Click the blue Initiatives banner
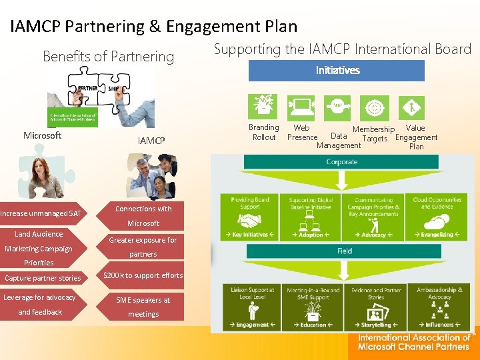point(337,70)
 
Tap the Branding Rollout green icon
point(263,107)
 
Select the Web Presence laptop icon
point(301,107)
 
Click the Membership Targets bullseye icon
point(375,107)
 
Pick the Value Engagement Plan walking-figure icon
point(413,107)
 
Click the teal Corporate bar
point(341,162)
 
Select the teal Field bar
point(344,251)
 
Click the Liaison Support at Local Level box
point(252,307)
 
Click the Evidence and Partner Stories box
point(377,307)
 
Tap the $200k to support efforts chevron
point(143,275)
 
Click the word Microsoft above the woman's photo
point(42,135)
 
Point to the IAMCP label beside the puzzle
point(151,140)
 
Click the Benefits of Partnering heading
point(108,57)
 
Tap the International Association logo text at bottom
point(413,342)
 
